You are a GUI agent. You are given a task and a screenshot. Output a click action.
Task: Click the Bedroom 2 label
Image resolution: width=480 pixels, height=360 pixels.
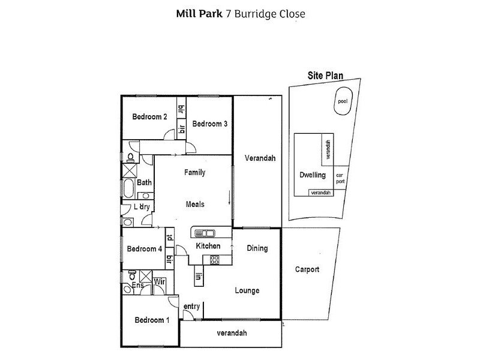click(149, 117)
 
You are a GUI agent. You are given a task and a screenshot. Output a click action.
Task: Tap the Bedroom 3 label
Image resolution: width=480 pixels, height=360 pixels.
click(209, 124)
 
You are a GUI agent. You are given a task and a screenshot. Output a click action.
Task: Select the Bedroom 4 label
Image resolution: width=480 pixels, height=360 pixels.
click(145, 249)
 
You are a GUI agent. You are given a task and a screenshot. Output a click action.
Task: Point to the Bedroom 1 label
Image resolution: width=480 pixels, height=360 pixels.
click(151, 320)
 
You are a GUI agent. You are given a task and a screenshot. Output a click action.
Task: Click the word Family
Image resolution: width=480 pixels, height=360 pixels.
click(194, 173)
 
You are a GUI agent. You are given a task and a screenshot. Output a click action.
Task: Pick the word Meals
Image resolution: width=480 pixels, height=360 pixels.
click(194, 204)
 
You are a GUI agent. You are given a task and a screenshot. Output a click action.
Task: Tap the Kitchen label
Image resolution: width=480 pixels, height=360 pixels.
click(208, 246)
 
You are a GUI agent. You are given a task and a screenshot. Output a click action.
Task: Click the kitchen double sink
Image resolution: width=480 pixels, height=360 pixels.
click(203, 232)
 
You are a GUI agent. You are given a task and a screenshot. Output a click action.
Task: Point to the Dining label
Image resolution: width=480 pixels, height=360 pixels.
click(257, 248)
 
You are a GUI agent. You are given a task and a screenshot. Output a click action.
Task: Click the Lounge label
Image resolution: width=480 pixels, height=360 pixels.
click(247, 291)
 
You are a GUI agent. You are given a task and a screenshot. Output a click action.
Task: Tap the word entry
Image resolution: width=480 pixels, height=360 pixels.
click(191, 307)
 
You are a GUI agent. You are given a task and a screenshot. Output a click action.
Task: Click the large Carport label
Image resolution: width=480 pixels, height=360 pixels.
click(307, 269)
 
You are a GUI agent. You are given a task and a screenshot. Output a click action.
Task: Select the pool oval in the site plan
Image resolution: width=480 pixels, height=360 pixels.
click(342, 102)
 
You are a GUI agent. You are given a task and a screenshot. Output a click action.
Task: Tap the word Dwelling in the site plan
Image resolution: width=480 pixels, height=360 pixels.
click(312, 175)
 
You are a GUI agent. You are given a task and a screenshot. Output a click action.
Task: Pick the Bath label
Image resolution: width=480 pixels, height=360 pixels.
click(144, 182)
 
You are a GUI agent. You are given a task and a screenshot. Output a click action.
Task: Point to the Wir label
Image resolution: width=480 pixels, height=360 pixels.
click(160, 281)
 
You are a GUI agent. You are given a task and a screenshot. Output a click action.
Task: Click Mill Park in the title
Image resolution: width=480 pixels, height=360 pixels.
click(198, 13)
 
